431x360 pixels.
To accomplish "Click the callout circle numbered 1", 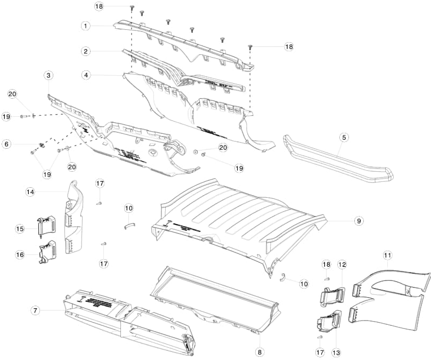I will point(85,25).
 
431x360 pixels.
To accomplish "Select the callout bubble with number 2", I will point(85,51).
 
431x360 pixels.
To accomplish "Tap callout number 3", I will point(48,76).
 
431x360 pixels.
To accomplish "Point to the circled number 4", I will point(85,75).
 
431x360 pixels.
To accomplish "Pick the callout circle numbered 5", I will point(344,137).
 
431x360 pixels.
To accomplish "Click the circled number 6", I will point(6,144).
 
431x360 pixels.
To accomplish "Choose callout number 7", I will point(35,310).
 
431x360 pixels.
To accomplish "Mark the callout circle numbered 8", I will point(260,351).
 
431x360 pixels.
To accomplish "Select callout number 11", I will point(387,255).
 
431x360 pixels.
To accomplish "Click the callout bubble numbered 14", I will point(30,191).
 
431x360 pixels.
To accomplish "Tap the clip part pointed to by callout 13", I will point(328,321).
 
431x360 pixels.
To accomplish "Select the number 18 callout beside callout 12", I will point(326,265).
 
